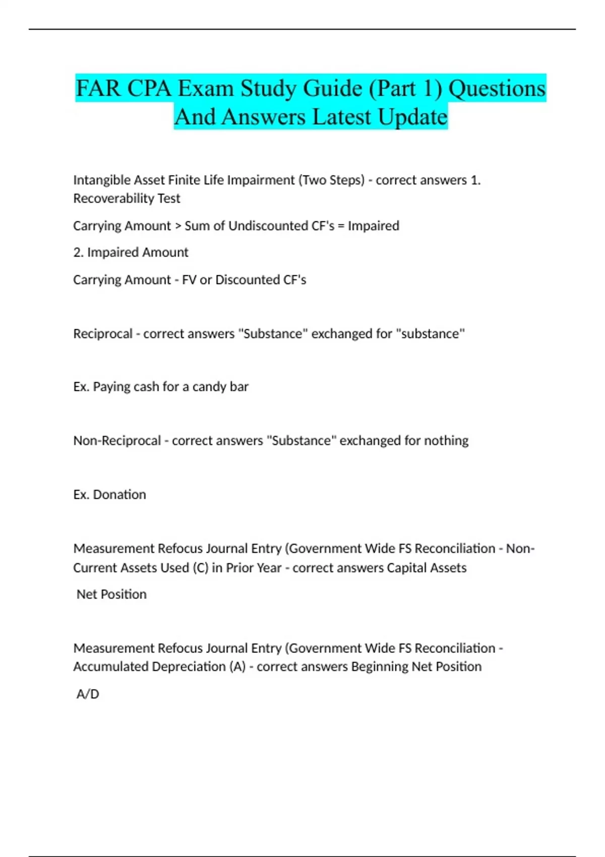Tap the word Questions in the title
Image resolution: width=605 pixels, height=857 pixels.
(497, 89)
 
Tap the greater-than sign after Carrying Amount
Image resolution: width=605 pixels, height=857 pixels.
(178, 226)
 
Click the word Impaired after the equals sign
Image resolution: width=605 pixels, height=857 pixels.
(373, 226)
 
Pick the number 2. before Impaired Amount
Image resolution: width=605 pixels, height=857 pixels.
(78, 252)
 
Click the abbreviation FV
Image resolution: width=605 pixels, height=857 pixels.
(189, 280)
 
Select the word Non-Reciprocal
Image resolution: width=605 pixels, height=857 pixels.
(117, 441)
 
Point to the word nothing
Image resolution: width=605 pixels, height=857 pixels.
(446, 441)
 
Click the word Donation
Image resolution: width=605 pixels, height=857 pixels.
(119, 495)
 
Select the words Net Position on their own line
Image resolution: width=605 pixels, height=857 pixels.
(111, 594)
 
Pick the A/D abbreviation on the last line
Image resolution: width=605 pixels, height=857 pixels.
(88, 694)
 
